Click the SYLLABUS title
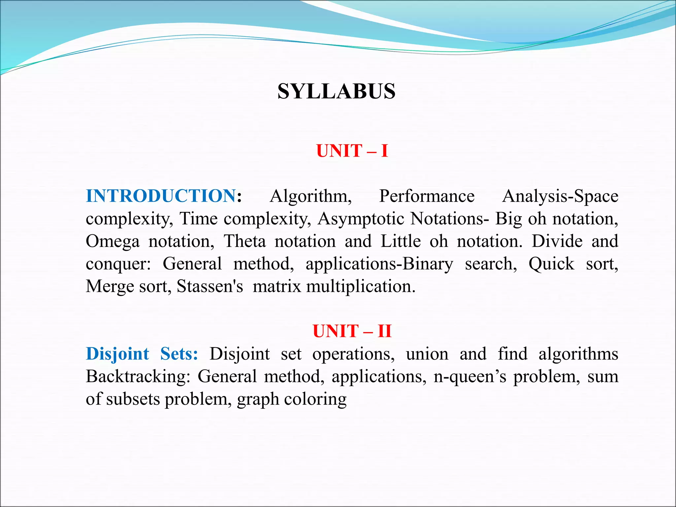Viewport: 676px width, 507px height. pos(336,91)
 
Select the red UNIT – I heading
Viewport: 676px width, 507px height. pos(352,151)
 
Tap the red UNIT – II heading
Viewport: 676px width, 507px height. pos(352,331)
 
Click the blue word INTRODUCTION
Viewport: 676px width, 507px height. pos(161,196)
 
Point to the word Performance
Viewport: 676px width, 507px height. pos(426,196)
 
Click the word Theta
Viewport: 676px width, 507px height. pos(245,241)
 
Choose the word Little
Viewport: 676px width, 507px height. pos(400,241)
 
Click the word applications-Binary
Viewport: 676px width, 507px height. pos(379,264)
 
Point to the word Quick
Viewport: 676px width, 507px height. pos(551,264)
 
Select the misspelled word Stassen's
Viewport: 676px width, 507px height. pos(210,286)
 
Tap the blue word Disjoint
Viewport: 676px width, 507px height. pos(118,354)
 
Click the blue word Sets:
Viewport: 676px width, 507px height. pos(179,354)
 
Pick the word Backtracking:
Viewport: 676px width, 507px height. pos(138,377)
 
